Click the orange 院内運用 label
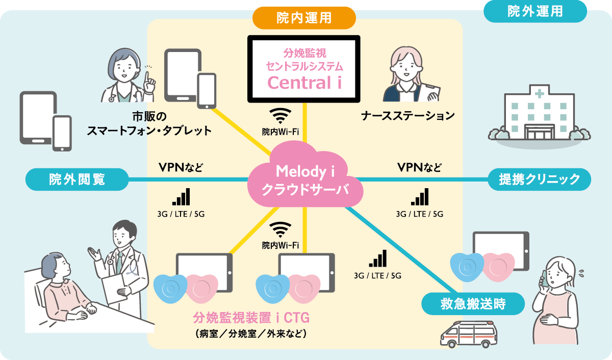tap(304, 18)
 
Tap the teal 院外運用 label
tap(535, 11)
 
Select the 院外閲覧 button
tap(77, 179)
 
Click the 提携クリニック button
tap(540, 179)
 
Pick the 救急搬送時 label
tap(473, 304)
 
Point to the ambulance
tap(468, 335)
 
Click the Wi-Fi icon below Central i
tap(280, 115)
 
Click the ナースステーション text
tap(407, 116)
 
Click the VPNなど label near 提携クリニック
tap(419, 167)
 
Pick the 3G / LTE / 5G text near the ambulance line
tap(378, 276)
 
